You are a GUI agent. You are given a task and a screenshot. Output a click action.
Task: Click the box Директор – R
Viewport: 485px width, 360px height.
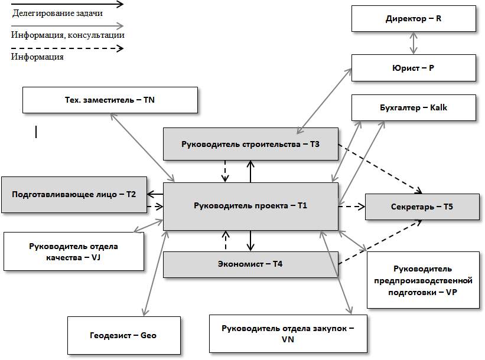coord(414,18)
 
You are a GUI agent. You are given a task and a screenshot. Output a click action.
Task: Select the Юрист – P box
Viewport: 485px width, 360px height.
coord(414,68)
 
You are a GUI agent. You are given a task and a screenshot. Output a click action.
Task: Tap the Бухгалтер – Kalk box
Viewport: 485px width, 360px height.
coord(414,108)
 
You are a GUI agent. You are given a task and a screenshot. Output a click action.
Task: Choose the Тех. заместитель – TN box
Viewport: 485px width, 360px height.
coord(110,100)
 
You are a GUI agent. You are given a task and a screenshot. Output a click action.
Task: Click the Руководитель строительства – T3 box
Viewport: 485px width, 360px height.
coord(250,144)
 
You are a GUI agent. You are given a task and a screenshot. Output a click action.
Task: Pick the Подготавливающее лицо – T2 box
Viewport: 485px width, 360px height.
coord(74,194)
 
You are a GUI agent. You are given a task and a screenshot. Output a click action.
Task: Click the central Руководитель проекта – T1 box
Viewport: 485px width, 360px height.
coord(250,206)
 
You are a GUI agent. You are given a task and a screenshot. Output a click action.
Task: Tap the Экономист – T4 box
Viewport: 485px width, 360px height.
coord(250,264)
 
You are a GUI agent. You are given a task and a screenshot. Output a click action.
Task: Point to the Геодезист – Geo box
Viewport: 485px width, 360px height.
coord(123,335)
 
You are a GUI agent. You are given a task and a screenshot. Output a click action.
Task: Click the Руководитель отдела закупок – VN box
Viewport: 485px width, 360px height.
coord(288,333)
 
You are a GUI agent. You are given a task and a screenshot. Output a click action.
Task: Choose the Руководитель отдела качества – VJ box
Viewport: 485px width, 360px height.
coord(74,251)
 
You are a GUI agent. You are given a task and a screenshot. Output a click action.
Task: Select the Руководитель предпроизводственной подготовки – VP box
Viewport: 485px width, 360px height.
coord(423,280)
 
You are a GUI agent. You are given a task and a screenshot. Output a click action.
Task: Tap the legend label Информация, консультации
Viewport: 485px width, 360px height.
coord(67,35)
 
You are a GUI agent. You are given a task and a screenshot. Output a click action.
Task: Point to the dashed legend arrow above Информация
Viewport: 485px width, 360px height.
coord(67,48)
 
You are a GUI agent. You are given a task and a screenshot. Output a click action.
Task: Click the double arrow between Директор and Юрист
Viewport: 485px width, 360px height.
coord(414,43)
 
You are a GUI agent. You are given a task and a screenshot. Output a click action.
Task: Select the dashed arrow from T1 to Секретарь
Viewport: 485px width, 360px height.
coord(352,207)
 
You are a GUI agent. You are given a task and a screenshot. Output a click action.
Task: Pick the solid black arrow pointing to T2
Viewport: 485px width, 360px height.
coord(155,194)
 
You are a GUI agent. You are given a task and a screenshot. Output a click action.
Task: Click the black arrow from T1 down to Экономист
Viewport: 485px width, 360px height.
coord(250,241)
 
